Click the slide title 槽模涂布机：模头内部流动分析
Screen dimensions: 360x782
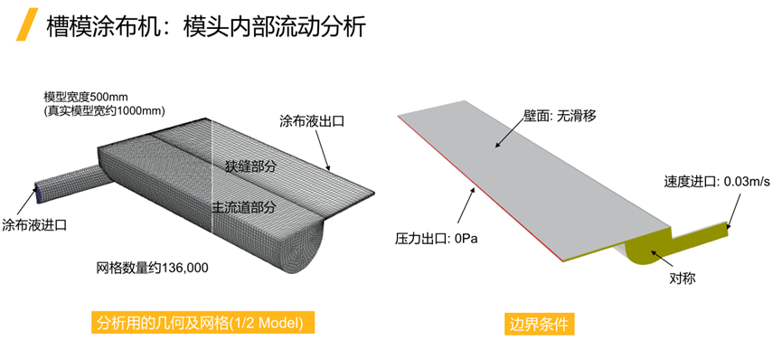tap(206, 26)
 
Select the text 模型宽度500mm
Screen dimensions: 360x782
tap(87, 96)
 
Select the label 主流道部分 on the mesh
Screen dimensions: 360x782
tap(243, 207)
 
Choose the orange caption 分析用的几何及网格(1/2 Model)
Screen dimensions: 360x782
tap(203, 323)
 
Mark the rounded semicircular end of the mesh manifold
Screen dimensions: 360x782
tap(307, 242)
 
